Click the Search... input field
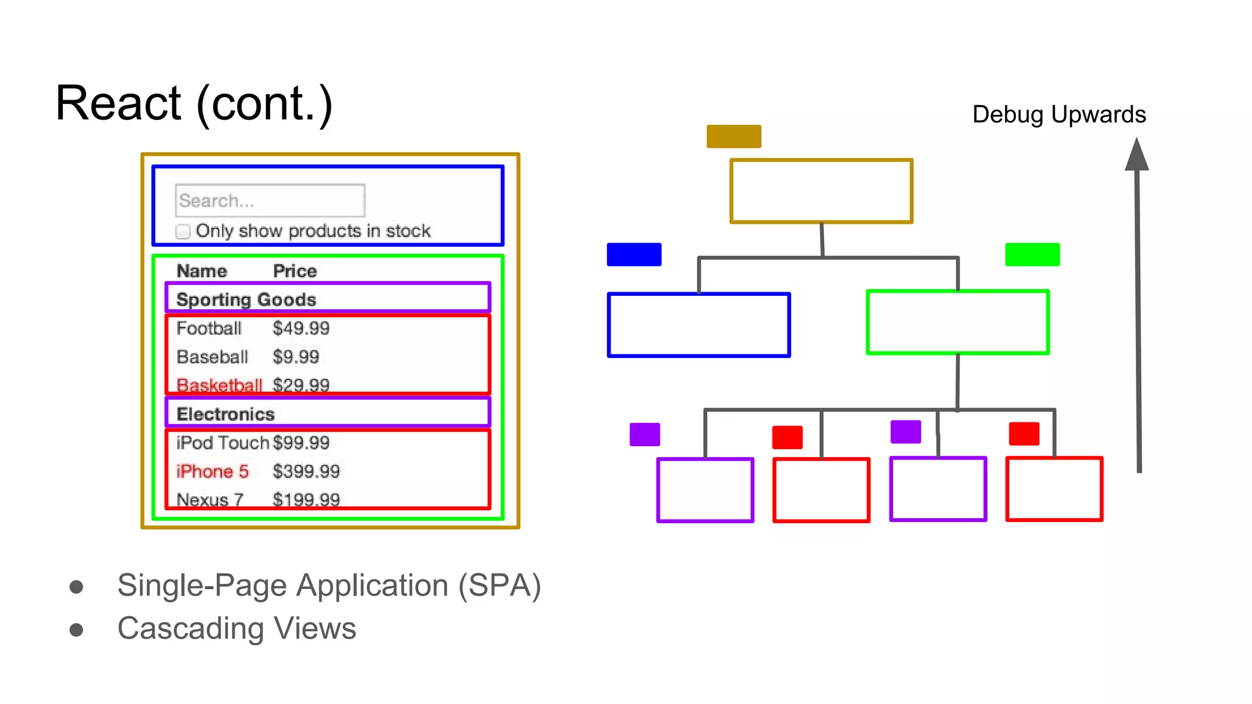click(270, 200)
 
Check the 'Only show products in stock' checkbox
click(183, 232)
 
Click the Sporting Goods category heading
click(246, 299)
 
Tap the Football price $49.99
click(301, 328)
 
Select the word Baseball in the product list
click(212, 357)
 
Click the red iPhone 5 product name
click(212, 471)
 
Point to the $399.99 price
click(306, 471)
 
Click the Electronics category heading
click(225, 414)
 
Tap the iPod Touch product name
click(222, 442)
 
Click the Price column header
click(295, 271)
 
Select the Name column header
click(202, 271)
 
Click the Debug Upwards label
click(1059, 114)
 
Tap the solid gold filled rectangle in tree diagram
click(734, 136)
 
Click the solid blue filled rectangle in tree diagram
click(634, 254)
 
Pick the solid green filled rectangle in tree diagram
click(1032, 254)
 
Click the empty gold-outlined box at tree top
click(821, 191)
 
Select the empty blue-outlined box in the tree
click(699, 324)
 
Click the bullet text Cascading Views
click(237, 628)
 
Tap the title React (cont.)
click(194, 103)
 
